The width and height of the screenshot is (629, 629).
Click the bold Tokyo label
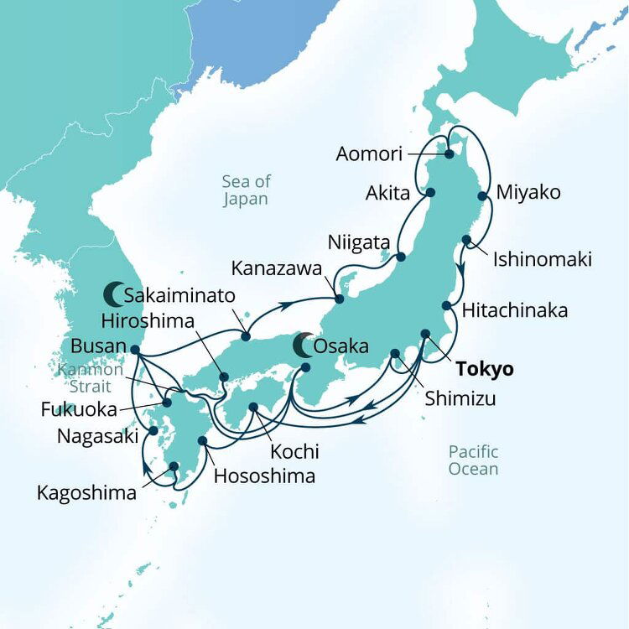(x=484, y=369)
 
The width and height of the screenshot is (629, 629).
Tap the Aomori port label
(x=369, y=153)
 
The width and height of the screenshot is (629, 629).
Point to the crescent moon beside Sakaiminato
(x=113, y=294)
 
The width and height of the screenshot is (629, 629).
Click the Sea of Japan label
(x=245, y=190)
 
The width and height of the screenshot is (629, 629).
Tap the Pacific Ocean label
(x=473, y=460)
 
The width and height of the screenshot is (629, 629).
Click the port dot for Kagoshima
(x=174, y=466)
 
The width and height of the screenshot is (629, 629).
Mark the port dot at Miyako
(x=482, y=195)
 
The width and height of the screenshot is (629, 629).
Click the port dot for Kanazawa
(x=339, y=299)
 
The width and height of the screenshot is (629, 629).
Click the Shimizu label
(x=460, y=399)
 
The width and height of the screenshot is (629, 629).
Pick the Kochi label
(x=294, y=451)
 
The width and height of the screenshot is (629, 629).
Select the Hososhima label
(x=265, y=476)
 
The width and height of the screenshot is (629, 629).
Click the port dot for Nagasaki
(x=153, y=431)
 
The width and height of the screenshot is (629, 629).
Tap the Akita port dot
(x=431, y=192)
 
